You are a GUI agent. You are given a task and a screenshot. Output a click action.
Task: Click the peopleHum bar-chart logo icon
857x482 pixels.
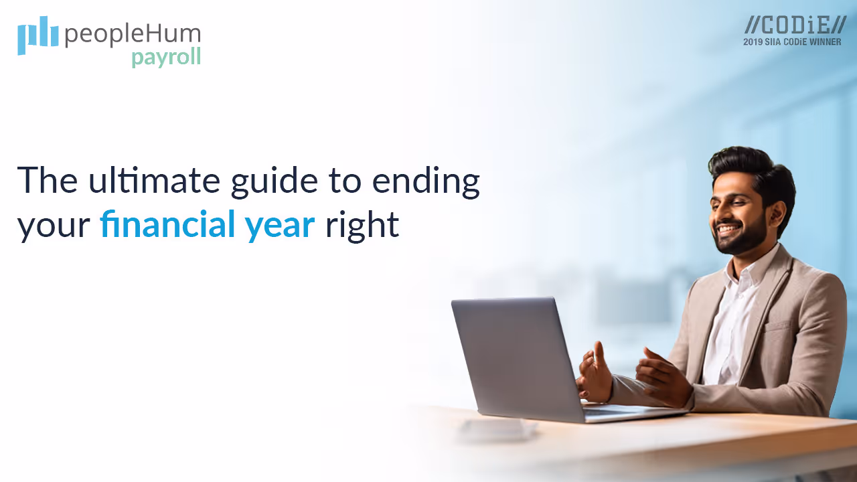click(x=37, y=35)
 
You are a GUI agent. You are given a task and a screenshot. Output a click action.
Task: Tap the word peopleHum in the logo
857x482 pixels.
click(x=133, y=34)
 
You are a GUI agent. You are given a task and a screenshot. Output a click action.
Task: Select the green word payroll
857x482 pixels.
click(x=165, y=58)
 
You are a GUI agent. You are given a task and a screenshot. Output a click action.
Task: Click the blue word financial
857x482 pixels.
click(x=167, y=225)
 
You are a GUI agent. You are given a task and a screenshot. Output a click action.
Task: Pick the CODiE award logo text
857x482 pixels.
click(x=795, y=25)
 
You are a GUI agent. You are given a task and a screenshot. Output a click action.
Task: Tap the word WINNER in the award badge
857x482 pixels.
click(x=826, y=42)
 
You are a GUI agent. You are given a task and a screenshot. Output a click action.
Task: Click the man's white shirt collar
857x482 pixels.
click(x=753, y=271)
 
